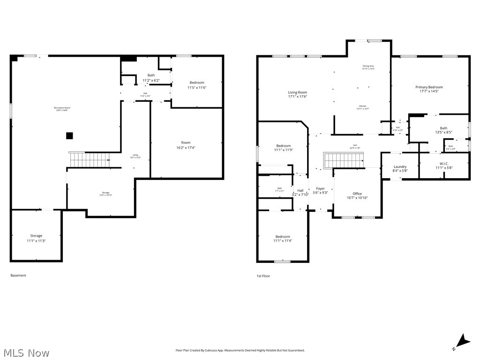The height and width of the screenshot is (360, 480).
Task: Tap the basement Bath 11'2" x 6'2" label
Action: (151, 78)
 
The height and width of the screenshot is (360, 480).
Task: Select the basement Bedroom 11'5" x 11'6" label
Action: (197, 85)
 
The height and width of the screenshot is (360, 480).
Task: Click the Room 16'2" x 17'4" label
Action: (186, 145)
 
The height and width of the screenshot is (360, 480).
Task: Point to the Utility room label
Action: (135, 156)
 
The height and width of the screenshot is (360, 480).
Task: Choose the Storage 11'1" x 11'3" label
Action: (36, 238)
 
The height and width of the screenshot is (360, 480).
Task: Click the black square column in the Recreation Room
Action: (69, 136)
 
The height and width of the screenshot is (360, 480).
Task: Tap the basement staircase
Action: (89, 160)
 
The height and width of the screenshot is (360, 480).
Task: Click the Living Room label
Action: (298, 94)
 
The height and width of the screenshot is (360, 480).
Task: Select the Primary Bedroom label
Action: (429, 89)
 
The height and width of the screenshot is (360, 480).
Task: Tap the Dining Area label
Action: (368, 67)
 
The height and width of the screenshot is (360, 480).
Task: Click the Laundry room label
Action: (400, 169)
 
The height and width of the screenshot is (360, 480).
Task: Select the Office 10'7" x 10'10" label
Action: (357, 195)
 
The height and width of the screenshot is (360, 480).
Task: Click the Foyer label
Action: (320, 190)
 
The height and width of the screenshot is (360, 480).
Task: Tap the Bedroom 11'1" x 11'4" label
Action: (283, 239)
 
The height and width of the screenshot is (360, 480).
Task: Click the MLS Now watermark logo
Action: (26, 352)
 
